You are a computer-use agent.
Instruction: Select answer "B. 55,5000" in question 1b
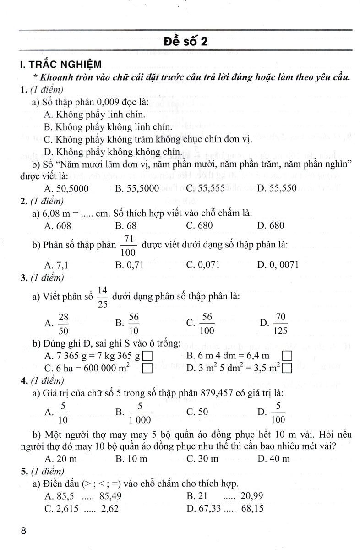pos(137,187)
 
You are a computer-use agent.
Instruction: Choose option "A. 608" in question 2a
pos(54,225)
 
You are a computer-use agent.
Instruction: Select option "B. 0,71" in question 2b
pos(130,264)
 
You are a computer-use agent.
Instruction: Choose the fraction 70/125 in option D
pos(278,323)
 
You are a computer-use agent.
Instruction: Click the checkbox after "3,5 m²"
pos(287,368)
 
